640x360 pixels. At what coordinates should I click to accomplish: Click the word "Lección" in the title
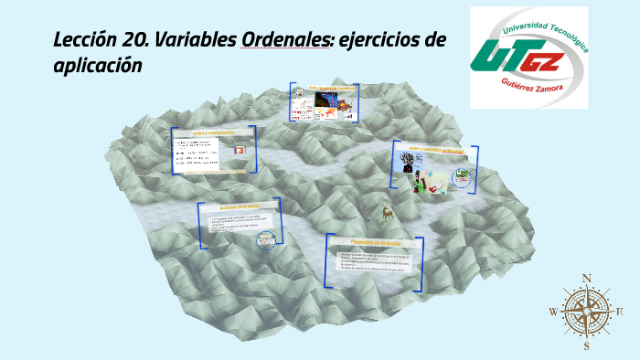pos(86,40)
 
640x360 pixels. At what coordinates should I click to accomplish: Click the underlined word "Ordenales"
pos(284,40)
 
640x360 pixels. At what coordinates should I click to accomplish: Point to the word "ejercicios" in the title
pos(383,40)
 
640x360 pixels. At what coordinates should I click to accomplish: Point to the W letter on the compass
pos(553,312)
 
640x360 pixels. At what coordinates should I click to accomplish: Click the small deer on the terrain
pos(388,214)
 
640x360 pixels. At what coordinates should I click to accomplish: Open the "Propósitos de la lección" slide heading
pos(374,242)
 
